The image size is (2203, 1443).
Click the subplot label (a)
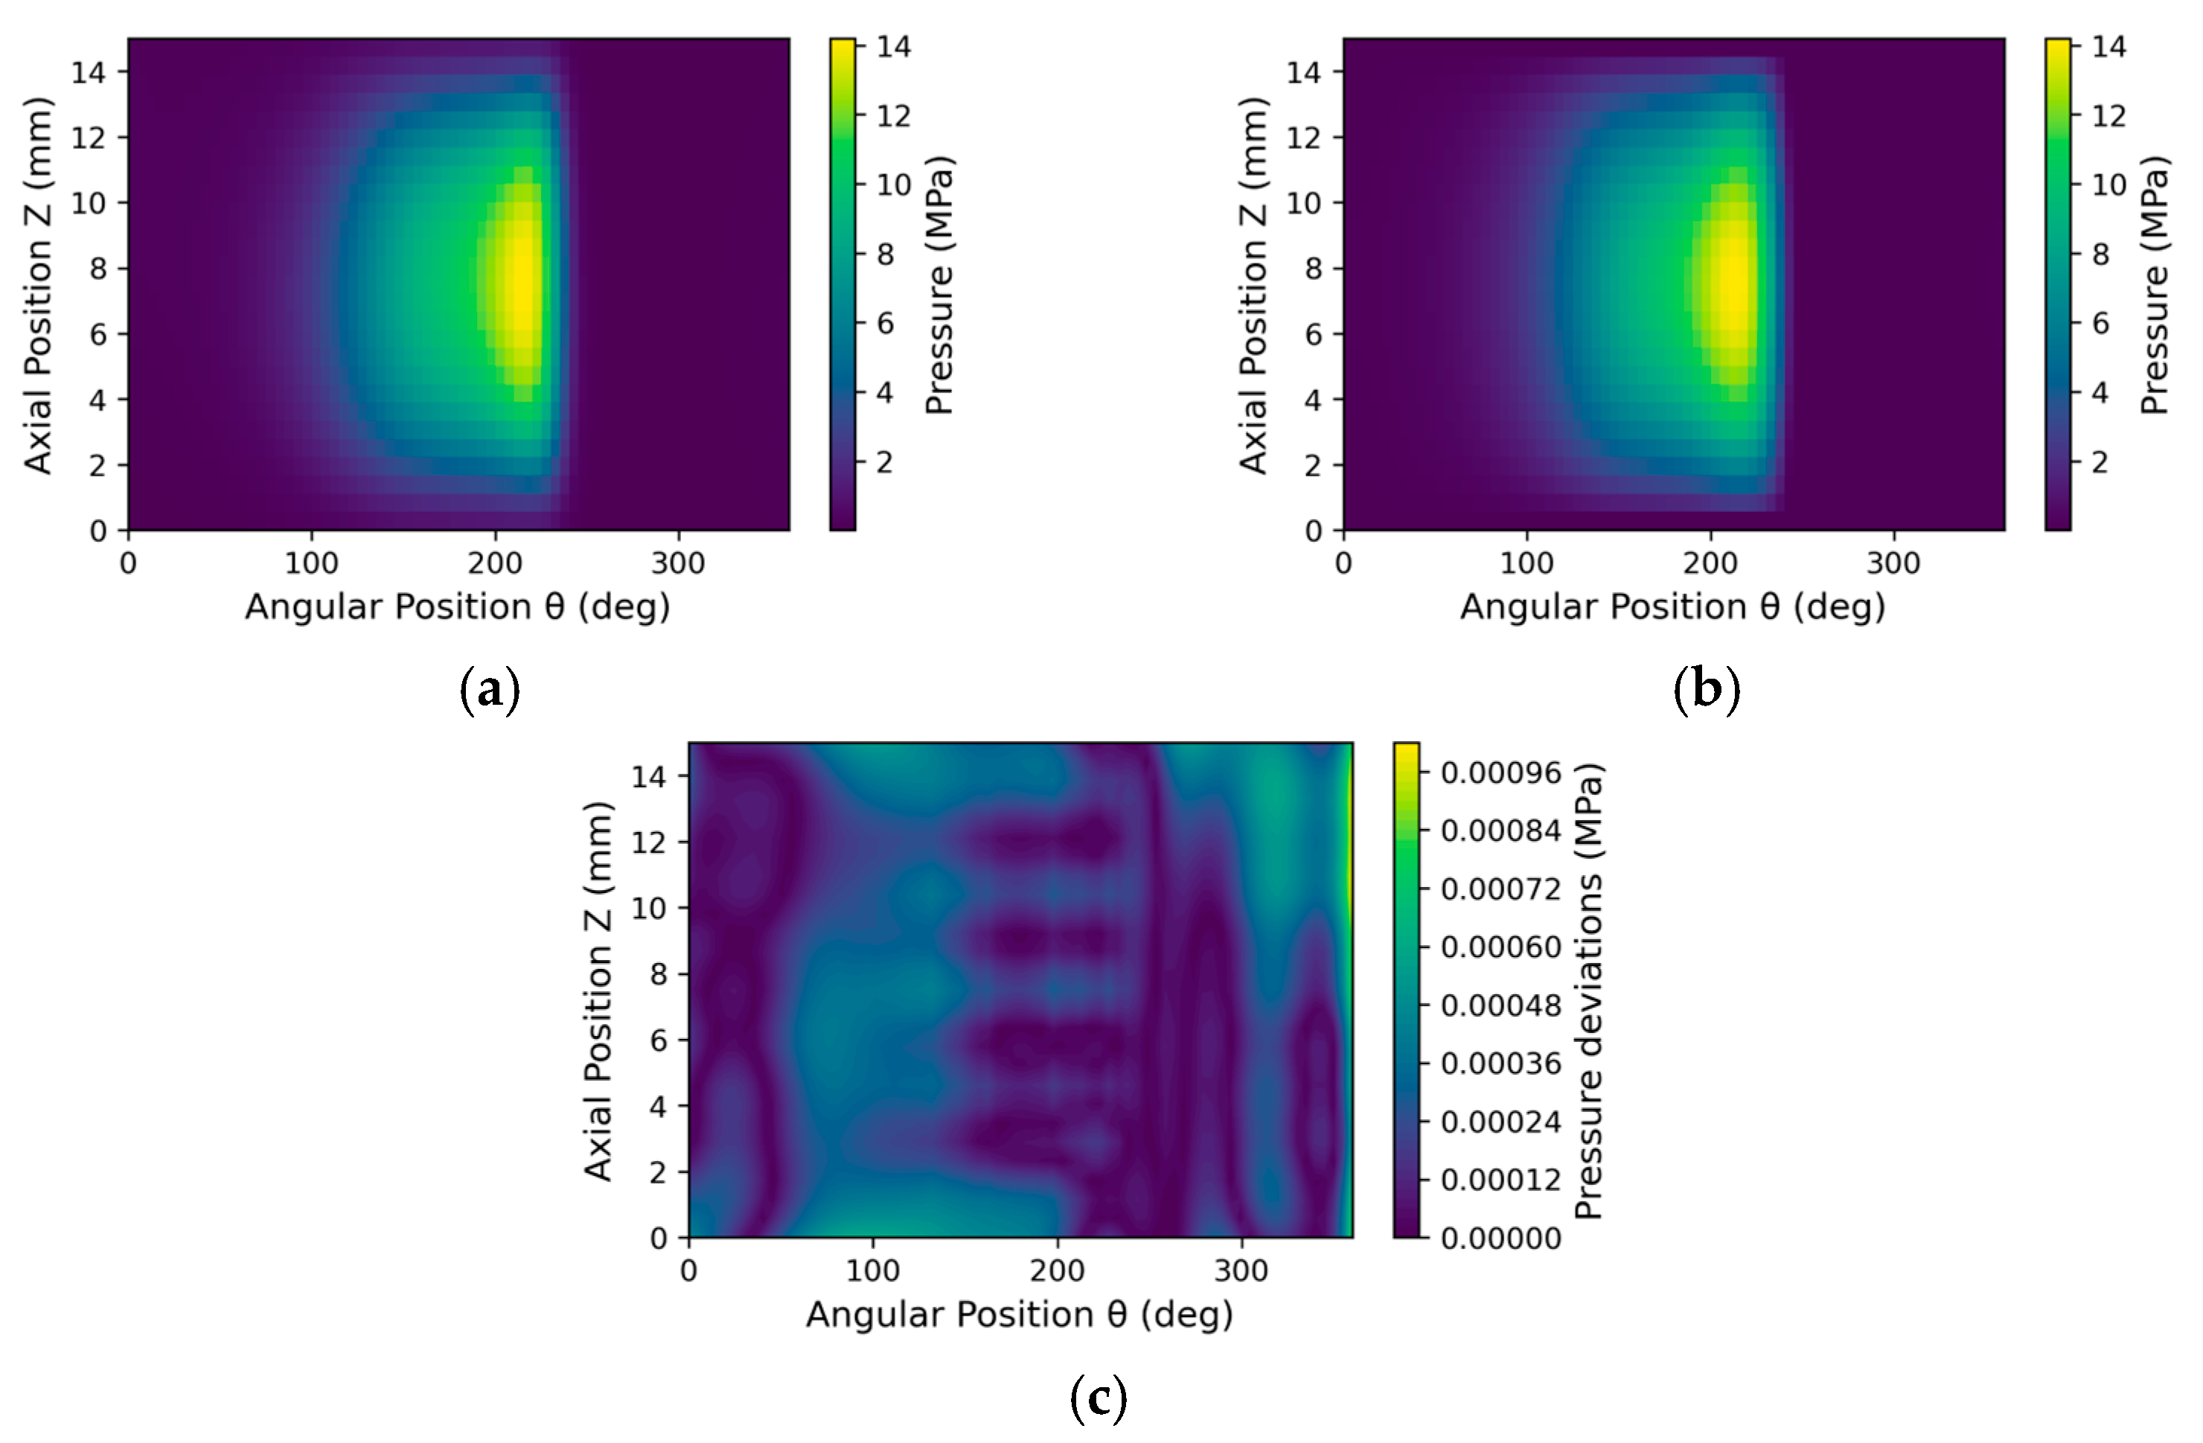pyautogui.click(x=490, y=691)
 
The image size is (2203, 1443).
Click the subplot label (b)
pyautogui.click(x=1707, y=691)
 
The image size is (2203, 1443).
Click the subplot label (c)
pyautogui.click(x=1099, y=1398)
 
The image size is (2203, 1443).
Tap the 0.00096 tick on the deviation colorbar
pyautogui.click(x=1500, y=773)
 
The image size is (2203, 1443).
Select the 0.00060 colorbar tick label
pyautogui.click(x=1500, y=947)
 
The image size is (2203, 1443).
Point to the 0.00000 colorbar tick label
pyautogui.click(x=1500, y=1238)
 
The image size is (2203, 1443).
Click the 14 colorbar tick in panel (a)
pyautogui.click(x=893, y=46)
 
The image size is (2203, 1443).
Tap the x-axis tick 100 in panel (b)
pyautogui.click(x=1526, y=563)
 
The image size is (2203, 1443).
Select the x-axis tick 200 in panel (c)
pyautogui.click(x=1057, y=1270)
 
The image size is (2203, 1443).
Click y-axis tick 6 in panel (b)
pyautogui.click(x=1313, y=334)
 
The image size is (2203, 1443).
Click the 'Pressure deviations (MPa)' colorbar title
pyautogui.click(x=1588, y=991)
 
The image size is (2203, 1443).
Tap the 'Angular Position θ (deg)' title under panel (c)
pyautogui.click(x=1019, y=1315)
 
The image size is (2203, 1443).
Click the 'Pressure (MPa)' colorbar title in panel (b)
pyautogui.click(x=2155, y=285)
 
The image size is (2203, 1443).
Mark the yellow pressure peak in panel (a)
pyautogui.click(x=522, y=282)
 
